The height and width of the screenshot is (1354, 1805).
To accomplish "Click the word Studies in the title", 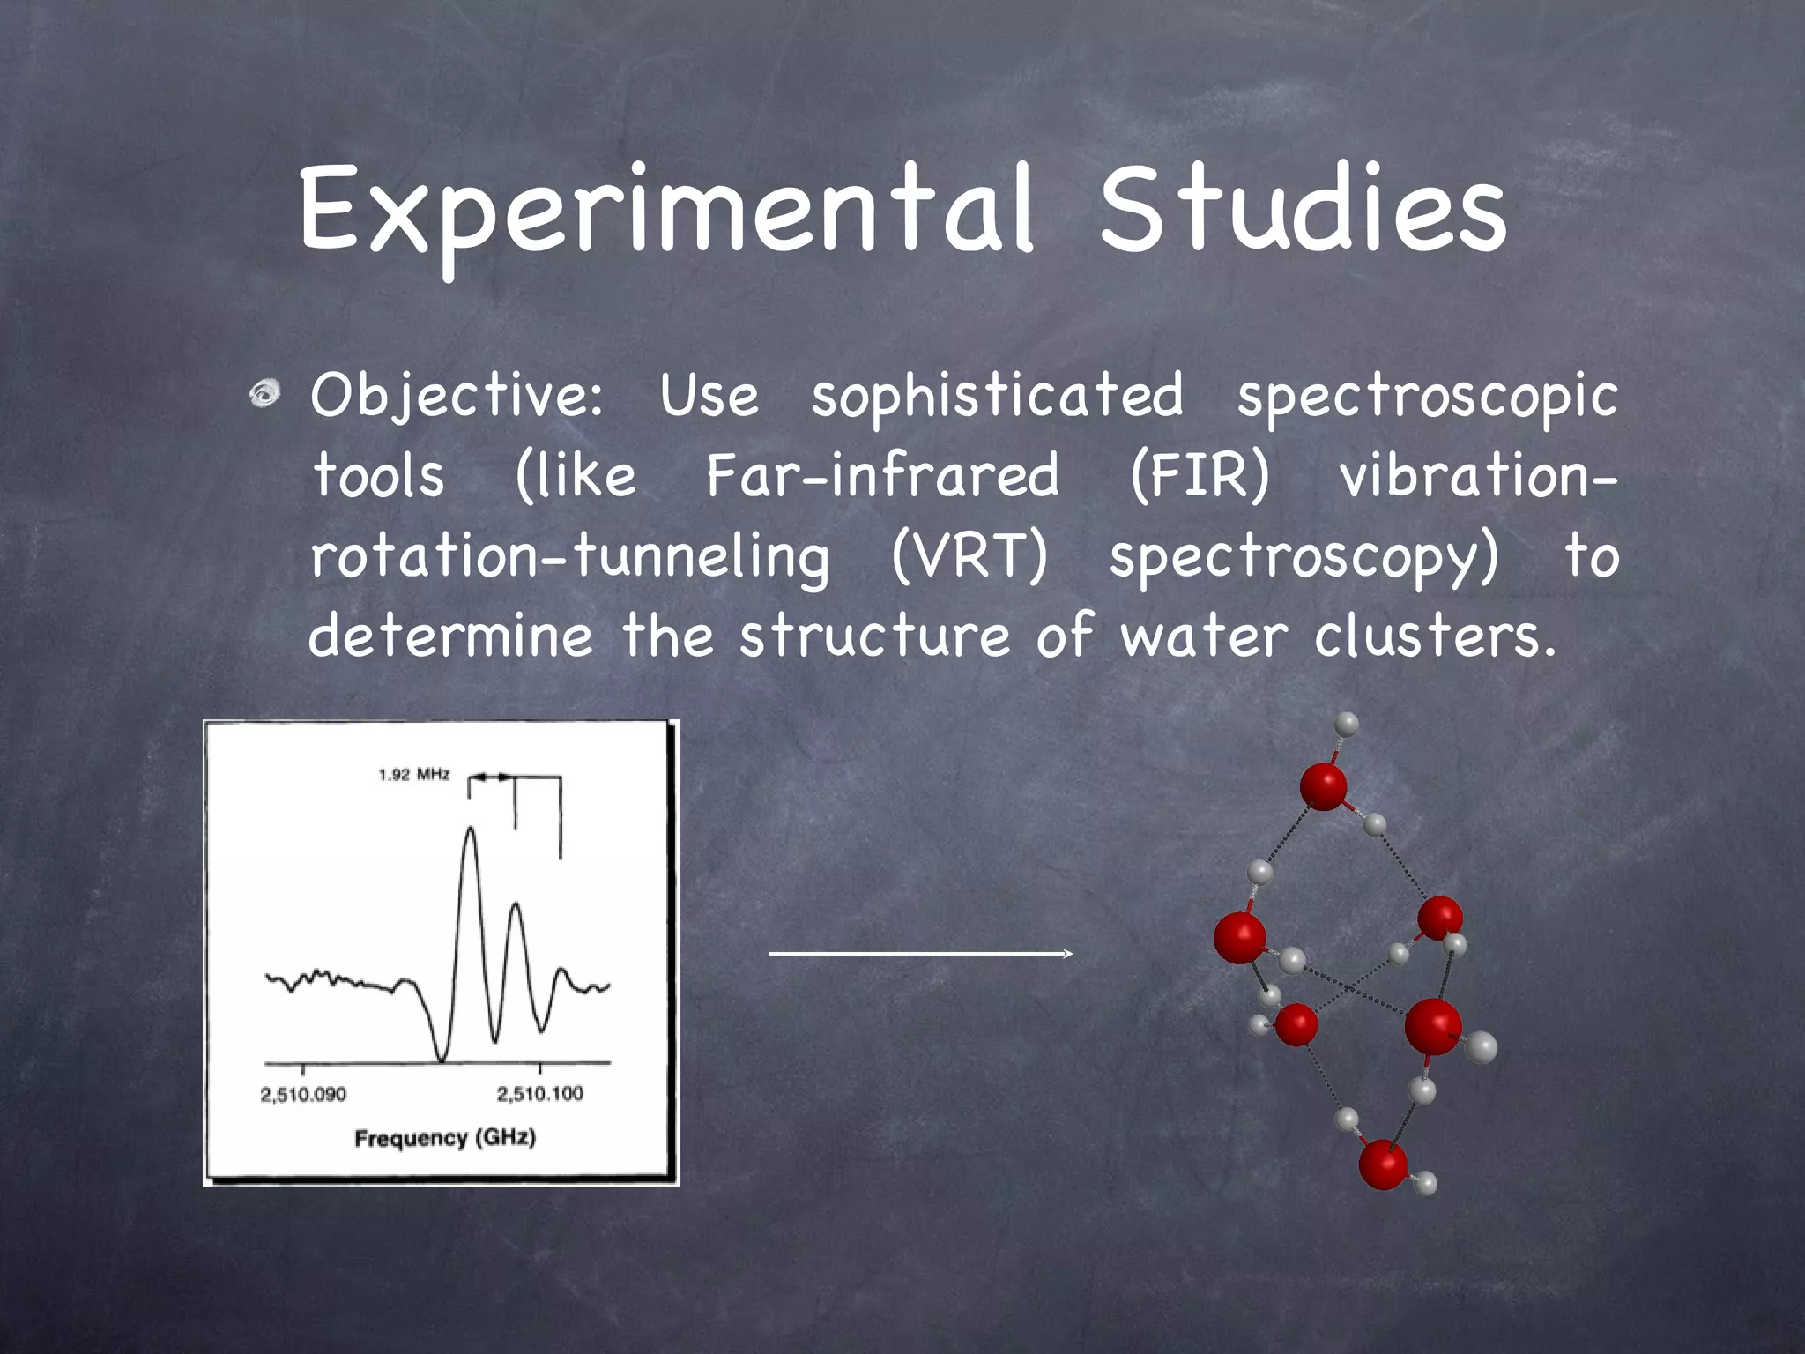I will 1303,212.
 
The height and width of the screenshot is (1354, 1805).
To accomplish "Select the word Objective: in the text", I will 457,397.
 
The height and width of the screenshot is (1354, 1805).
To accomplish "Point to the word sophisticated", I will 997,397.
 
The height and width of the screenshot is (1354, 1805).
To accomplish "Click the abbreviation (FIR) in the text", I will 1200,476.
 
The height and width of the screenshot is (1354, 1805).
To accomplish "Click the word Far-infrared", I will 882,476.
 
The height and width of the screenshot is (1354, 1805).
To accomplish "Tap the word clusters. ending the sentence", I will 1435,636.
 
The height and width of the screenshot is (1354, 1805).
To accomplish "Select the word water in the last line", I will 1204,636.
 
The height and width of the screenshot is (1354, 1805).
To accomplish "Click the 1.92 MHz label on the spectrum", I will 413,775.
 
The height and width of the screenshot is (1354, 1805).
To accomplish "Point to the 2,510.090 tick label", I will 303,1095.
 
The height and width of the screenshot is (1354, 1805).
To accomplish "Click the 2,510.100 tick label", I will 539,1095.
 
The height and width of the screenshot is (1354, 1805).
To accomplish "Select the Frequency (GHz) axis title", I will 445,1138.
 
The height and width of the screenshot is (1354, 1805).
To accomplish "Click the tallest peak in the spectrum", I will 471,830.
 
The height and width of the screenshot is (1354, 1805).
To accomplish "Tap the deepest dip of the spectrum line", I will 442,1058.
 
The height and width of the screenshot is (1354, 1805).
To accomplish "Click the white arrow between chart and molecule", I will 920,954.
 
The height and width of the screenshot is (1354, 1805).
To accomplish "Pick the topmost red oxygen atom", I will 1323,785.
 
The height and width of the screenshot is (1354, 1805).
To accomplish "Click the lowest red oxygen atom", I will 1383,1164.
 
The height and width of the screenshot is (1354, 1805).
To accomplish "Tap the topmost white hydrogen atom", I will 1346,725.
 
